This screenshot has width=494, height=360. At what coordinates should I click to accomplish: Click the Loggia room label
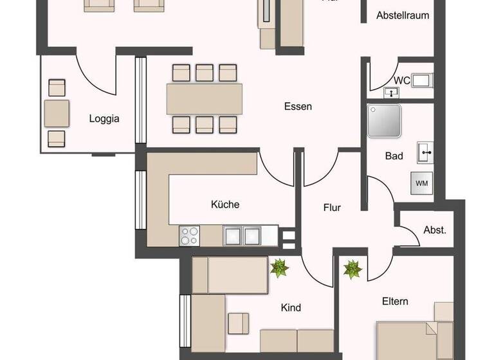(x=104, y=118)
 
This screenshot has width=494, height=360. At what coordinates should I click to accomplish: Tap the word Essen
(x=298, y=107)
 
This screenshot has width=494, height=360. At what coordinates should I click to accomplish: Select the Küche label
(x=225, y=204)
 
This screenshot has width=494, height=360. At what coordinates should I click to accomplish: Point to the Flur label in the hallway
(x=332, y=208)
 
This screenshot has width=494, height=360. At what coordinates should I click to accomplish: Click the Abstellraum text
(x=403, y=15)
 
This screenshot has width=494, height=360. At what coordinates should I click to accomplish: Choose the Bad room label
(x=394, y=156)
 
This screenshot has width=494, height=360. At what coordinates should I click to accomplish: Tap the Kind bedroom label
(x=291, y=308)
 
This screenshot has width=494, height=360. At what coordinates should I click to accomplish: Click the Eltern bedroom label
(x=395, y=301)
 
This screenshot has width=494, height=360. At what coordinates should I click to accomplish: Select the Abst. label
(x=435, y=230)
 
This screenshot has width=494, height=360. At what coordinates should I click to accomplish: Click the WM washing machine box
(x=422, y=183)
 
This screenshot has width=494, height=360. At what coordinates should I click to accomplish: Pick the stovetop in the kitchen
(x=189, y=236)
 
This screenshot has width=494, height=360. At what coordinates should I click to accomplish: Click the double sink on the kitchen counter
(x=242, y=236)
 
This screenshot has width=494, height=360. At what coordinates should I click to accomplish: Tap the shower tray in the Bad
(x=385, y=122)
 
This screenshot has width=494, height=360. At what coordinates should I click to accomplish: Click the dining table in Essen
(x=205, y=99)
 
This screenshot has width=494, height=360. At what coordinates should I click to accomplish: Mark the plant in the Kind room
(x=279, y=267)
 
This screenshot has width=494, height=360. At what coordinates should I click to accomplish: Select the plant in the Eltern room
(x=352, y=269)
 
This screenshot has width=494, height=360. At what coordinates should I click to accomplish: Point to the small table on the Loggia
(x=57, y=113)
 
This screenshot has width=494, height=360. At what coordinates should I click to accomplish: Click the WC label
(x=402, y=80)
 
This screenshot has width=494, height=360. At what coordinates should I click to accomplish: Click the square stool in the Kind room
(x=238, y=322)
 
